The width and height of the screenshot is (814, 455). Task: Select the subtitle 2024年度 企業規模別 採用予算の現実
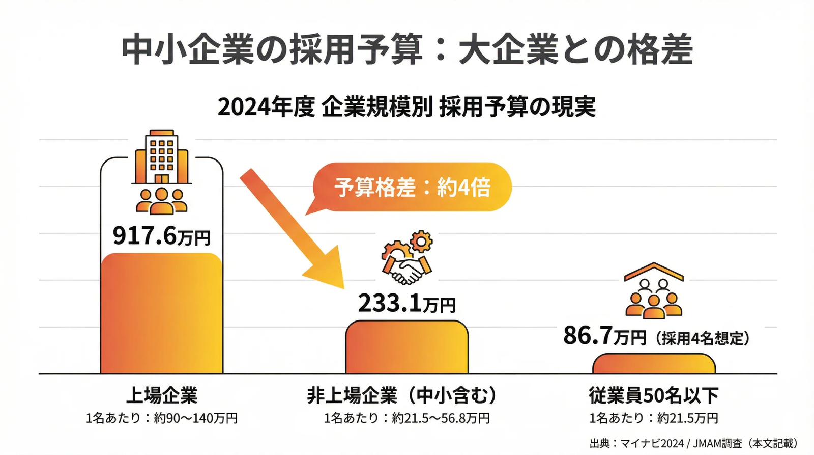coord(406,107)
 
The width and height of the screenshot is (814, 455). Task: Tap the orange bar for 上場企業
coord(162,313)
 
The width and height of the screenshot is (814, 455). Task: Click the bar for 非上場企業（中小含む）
coord(407,347)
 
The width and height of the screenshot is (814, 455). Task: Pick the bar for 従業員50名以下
coord(654,363)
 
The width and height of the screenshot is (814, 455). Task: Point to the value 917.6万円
coord(162,235)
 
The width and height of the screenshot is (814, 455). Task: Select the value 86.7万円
coord(605,336)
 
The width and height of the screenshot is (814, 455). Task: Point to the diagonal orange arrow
coord(293,229)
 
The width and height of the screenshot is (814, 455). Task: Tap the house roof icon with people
coord(654,290)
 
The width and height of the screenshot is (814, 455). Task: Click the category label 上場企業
coord(162,396)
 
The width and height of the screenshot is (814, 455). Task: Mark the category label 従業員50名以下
coord(654,396)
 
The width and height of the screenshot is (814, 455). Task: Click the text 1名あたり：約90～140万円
coord(162,418)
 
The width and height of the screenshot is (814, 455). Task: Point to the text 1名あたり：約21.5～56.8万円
coord(406,418)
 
